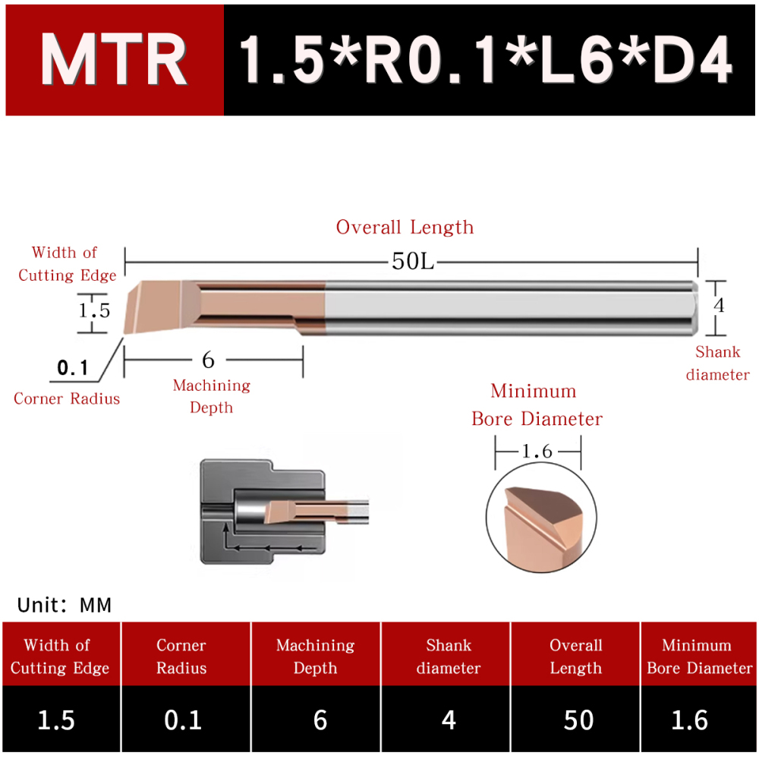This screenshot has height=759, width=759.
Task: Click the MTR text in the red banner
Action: (x=114, y=61)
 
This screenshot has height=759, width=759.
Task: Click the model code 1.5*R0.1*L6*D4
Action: (x=486, y=61)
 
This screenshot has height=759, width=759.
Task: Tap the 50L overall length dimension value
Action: (x=413, y=262)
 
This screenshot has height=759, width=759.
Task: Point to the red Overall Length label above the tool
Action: (x=405, y=227)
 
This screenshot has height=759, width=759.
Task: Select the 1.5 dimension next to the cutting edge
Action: (x=94, y=310)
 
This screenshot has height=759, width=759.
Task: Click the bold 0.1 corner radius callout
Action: (x=73, y=368)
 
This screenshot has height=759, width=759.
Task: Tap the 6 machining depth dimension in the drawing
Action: (x=208, y=360)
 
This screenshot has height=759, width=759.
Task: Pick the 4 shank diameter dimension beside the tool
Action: (x=720, y=305)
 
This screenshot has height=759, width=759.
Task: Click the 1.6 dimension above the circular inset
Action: (x=537, y=452)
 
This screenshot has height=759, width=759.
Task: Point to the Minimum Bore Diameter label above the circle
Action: (x=537, y=405)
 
